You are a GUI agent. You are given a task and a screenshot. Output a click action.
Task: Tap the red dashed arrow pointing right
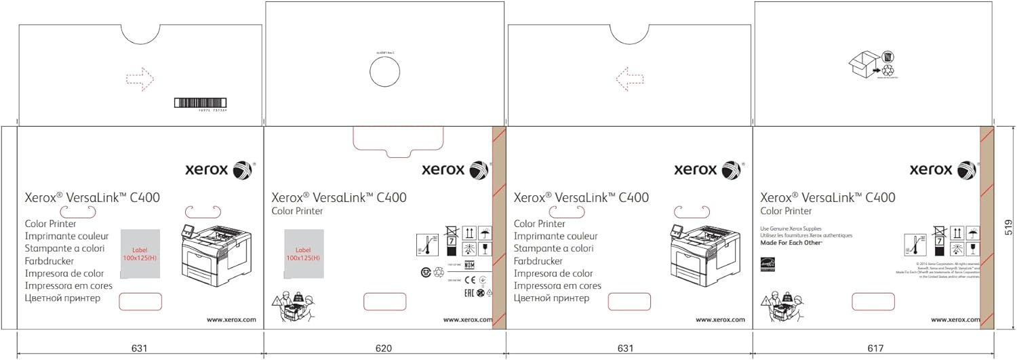pos(140,79)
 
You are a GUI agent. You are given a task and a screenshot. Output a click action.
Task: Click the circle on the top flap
pos(385,73)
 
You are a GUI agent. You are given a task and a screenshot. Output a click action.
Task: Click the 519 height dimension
pos(1009,227)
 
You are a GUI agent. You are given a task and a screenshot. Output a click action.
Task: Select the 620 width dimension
pos(384,348)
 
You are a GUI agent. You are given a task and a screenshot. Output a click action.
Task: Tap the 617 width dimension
pos(875,348)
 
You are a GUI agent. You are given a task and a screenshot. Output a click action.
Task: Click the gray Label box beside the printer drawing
pos(140,254)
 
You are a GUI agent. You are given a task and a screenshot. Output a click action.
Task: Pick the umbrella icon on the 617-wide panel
pos(973,233)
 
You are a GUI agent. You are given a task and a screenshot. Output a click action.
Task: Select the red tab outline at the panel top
pos(398,140)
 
